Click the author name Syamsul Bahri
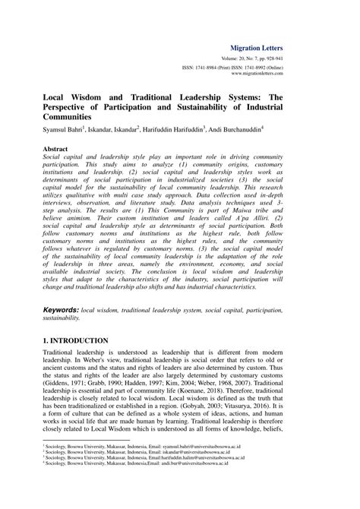coord(65,130)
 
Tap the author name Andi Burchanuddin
coord(285,130)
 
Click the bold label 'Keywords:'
coord(60,311)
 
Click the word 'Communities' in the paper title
coord(67,119)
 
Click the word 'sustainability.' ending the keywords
coord(64,319)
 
